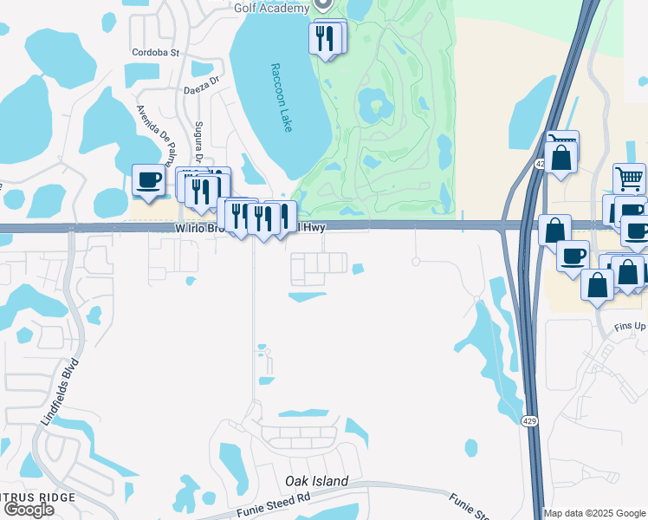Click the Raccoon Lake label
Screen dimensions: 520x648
pyautogui.click(x=282, y=97)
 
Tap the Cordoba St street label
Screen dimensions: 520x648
pyautogui.click(x=155, y=52)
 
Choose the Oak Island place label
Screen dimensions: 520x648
pyautogui.click(x=317, y=481)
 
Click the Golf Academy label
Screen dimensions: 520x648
pyautogui.click(x=271, y=8)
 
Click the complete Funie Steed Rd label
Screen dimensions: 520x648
pyautogui.click(x=273, y=505)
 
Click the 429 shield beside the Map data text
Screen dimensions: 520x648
pyautogui.click(x=531, y=420)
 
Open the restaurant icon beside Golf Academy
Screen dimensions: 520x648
pyautogui.click(x=327, y=38)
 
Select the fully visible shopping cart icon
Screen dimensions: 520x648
pyautogui.click(x=629, y=179)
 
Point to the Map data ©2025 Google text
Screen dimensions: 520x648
pyautogui.click(x=595, y=513)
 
